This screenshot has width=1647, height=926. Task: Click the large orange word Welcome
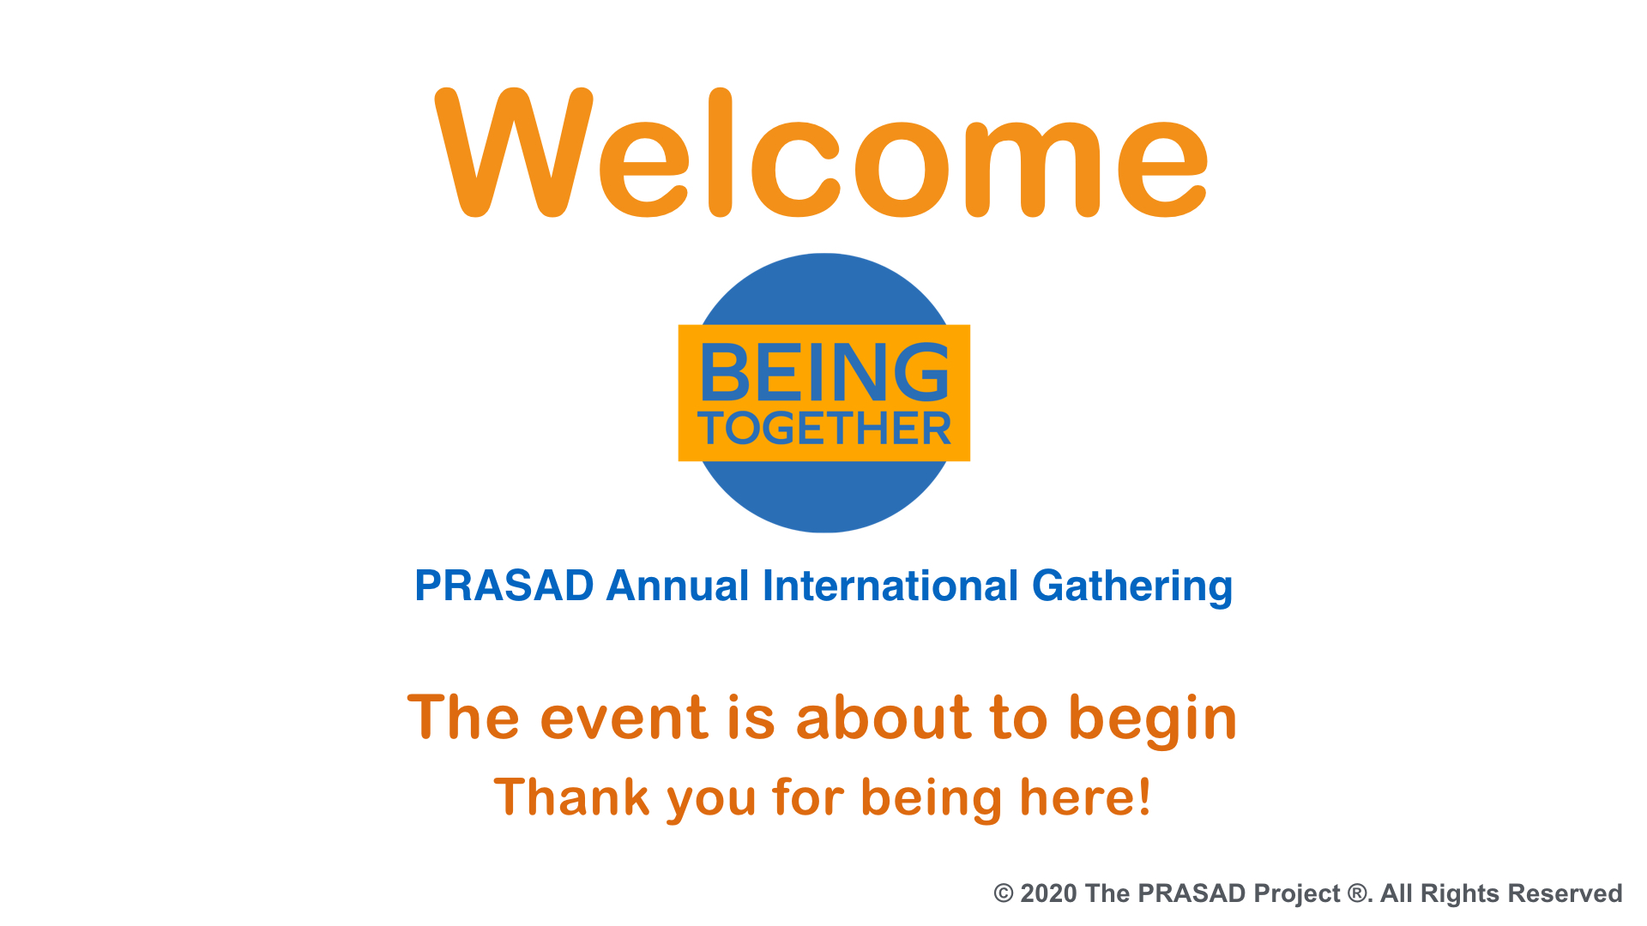click(822, 153)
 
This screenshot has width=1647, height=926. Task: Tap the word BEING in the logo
click(824, 372)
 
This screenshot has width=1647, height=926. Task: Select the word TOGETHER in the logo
click(824, 429)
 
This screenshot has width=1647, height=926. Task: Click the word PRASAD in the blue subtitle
click(504, 586)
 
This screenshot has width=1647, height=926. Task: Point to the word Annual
click(678, 586)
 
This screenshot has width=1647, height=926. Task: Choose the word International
click(890, 586)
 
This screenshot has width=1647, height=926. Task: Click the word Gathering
click(1132, 587)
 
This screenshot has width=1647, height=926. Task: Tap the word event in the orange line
click(624, 719)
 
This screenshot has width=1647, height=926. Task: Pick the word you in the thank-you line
click(712, 801)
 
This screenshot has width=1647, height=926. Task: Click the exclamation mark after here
click(1143, 797)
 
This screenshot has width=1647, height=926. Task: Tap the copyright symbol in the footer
click(1004, 893)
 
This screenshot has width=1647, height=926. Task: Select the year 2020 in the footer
click(1048, 893)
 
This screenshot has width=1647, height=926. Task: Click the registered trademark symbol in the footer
click(1357, 893)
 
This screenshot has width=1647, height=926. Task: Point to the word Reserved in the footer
click(1565, 893)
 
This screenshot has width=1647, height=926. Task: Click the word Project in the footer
click(1297, 895)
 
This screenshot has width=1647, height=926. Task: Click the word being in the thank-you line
click(932, 799)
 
